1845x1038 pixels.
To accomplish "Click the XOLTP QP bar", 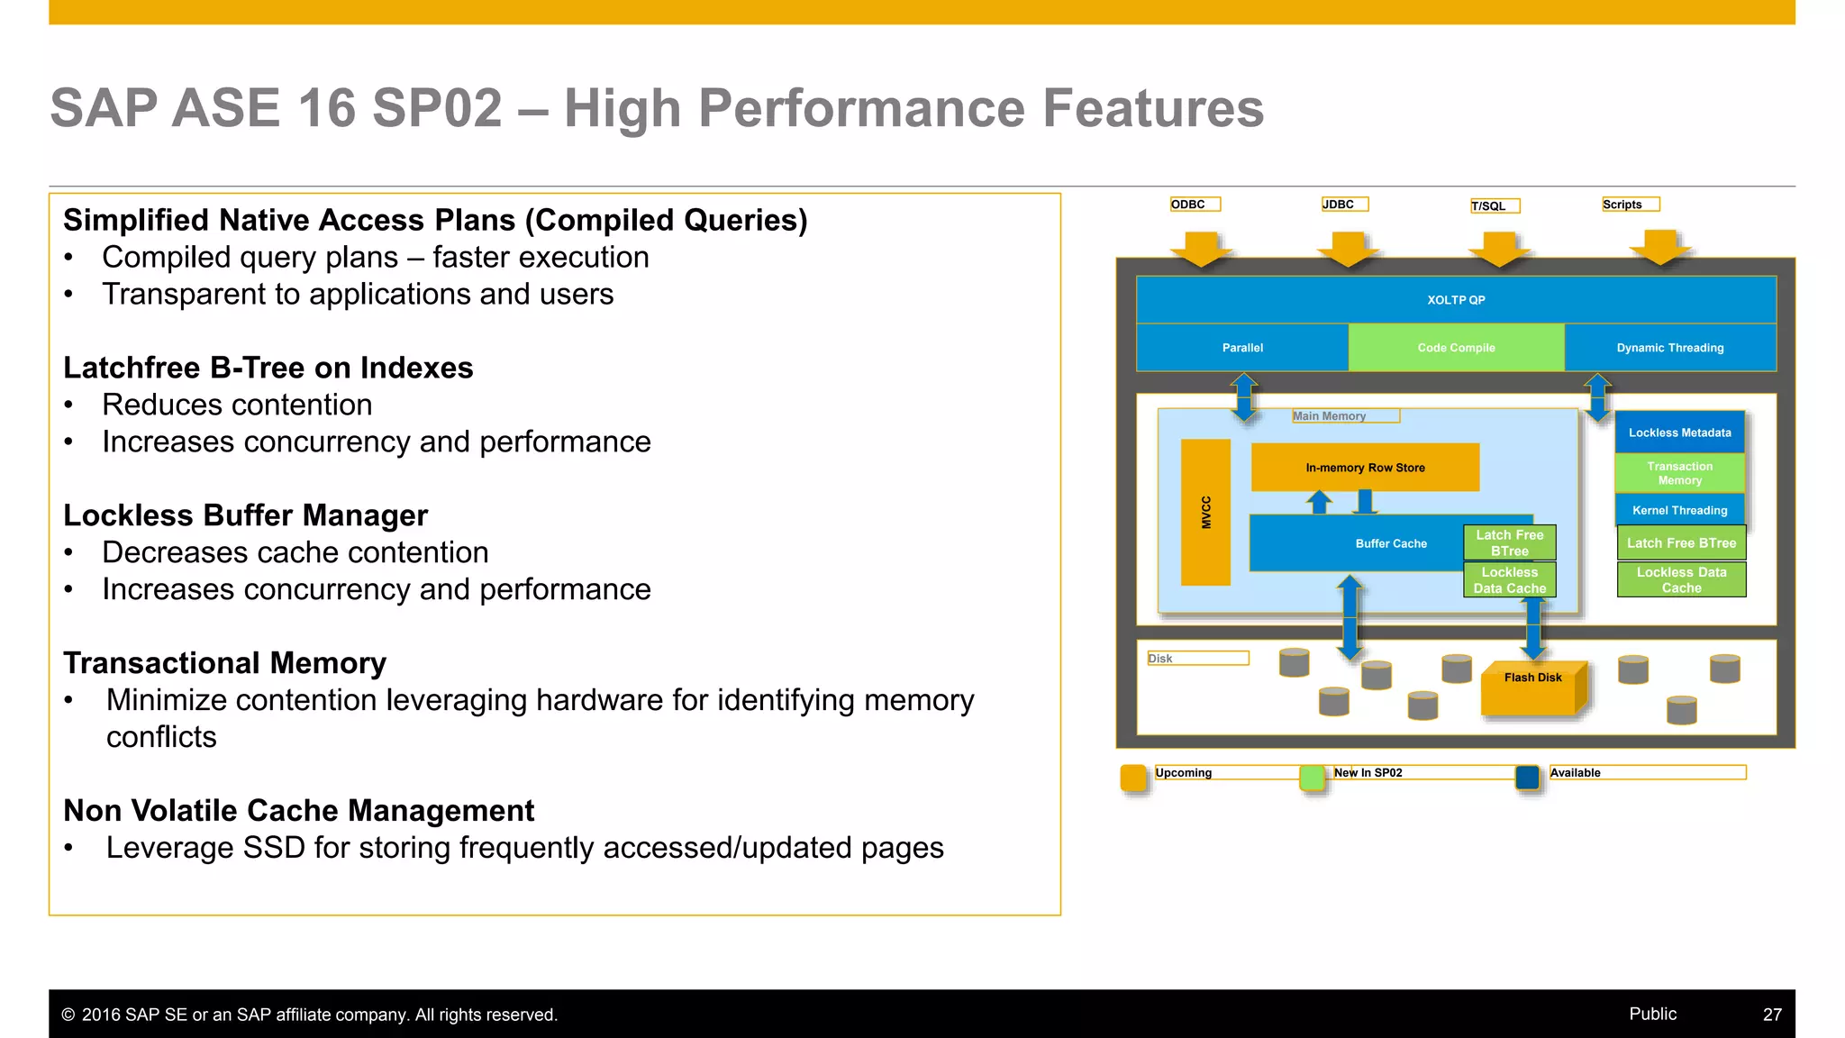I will click(x=1456, y=300).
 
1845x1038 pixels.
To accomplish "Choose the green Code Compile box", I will click(x=1456, y=348).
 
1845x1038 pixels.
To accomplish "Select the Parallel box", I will click(x=1242, y=348).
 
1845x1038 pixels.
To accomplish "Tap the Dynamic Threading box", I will click(x=1670, y=348).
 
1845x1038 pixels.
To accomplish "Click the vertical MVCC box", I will click(x=1205, y=512).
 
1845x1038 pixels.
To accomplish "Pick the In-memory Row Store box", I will click(x=1365, y=468).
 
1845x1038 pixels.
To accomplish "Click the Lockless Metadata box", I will click(x=1679, y=432).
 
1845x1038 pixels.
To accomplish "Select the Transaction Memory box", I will click(x=1679, y=473).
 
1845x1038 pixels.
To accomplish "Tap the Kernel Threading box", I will click(x=1679, y=510).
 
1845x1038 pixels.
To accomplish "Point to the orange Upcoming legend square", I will click(x=1132, y=777).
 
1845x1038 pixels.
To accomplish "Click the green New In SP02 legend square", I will click(x=1313, y=777).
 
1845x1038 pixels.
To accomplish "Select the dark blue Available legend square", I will click(x=1528, y=777).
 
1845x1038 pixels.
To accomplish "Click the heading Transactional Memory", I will click(x=224, y=663).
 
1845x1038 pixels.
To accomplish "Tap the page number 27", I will click(x=1772, y=1015).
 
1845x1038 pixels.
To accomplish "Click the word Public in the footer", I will click(x=1652, y=1014).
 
